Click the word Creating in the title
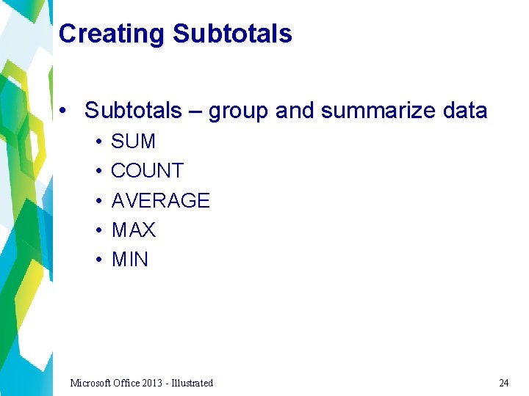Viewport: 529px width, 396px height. point(112,34)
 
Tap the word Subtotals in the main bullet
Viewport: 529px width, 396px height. point(133,111)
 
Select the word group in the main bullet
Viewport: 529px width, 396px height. point(238,111)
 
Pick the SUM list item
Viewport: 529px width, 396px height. point(133,141)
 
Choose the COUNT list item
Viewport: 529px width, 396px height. point(147,171)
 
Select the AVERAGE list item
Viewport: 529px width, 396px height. point(160,200)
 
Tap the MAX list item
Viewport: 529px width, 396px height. point(133,230)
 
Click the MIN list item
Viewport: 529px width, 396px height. point(129,260)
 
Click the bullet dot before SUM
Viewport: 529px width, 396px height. point(98,142)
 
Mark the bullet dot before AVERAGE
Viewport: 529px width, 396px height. point(98,201)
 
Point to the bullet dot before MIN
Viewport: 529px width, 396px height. point(98,260)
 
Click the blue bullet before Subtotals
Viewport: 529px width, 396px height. point(65,111)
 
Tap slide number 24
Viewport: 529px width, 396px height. point(503,383)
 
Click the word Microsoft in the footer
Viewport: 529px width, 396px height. point(91,383)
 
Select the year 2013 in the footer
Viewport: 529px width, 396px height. point(154,383)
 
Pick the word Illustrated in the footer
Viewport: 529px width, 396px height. point(192,383)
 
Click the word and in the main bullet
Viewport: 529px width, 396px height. point(296,111)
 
